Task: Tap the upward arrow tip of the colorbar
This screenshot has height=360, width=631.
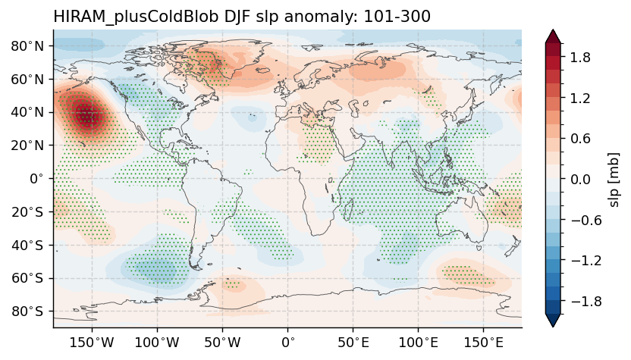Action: (x=553, y=32)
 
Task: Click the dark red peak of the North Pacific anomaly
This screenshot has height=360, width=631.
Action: (x=87, y=115)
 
